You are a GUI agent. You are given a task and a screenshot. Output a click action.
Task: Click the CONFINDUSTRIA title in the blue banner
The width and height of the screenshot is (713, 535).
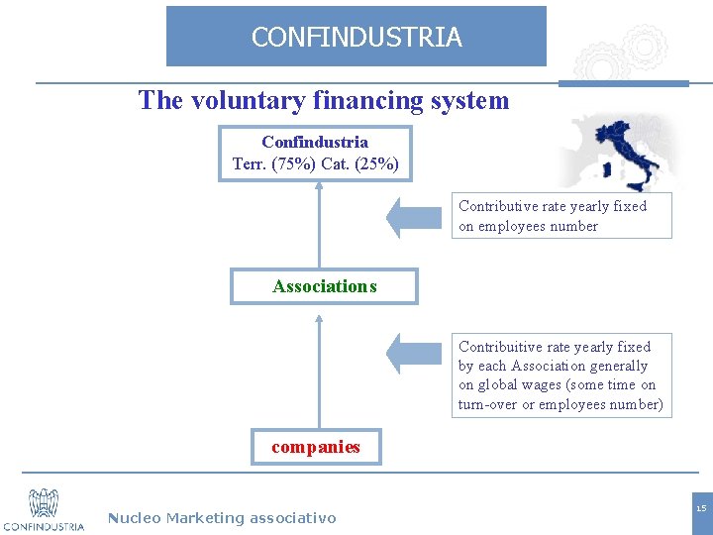[x=356, y=38]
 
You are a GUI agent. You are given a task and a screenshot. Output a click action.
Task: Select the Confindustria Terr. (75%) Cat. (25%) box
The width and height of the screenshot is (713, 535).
[x=315, y=154]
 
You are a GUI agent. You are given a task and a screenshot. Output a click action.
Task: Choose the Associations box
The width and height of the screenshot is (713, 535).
[x=324, y=286]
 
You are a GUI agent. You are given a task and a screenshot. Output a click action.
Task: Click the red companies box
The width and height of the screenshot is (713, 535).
[x=316, y=447]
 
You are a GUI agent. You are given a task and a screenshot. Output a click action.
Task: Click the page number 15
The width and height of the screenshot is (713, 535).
[x=700, y=509]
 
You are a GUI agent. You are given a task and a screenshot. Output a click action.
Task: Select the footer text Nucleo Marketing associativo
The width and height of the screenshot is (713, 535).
[x=222, y=517]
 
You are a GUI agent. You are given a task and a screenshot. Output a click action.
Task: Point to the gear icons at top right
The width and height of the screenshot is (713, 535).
[x=623, y=54]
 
